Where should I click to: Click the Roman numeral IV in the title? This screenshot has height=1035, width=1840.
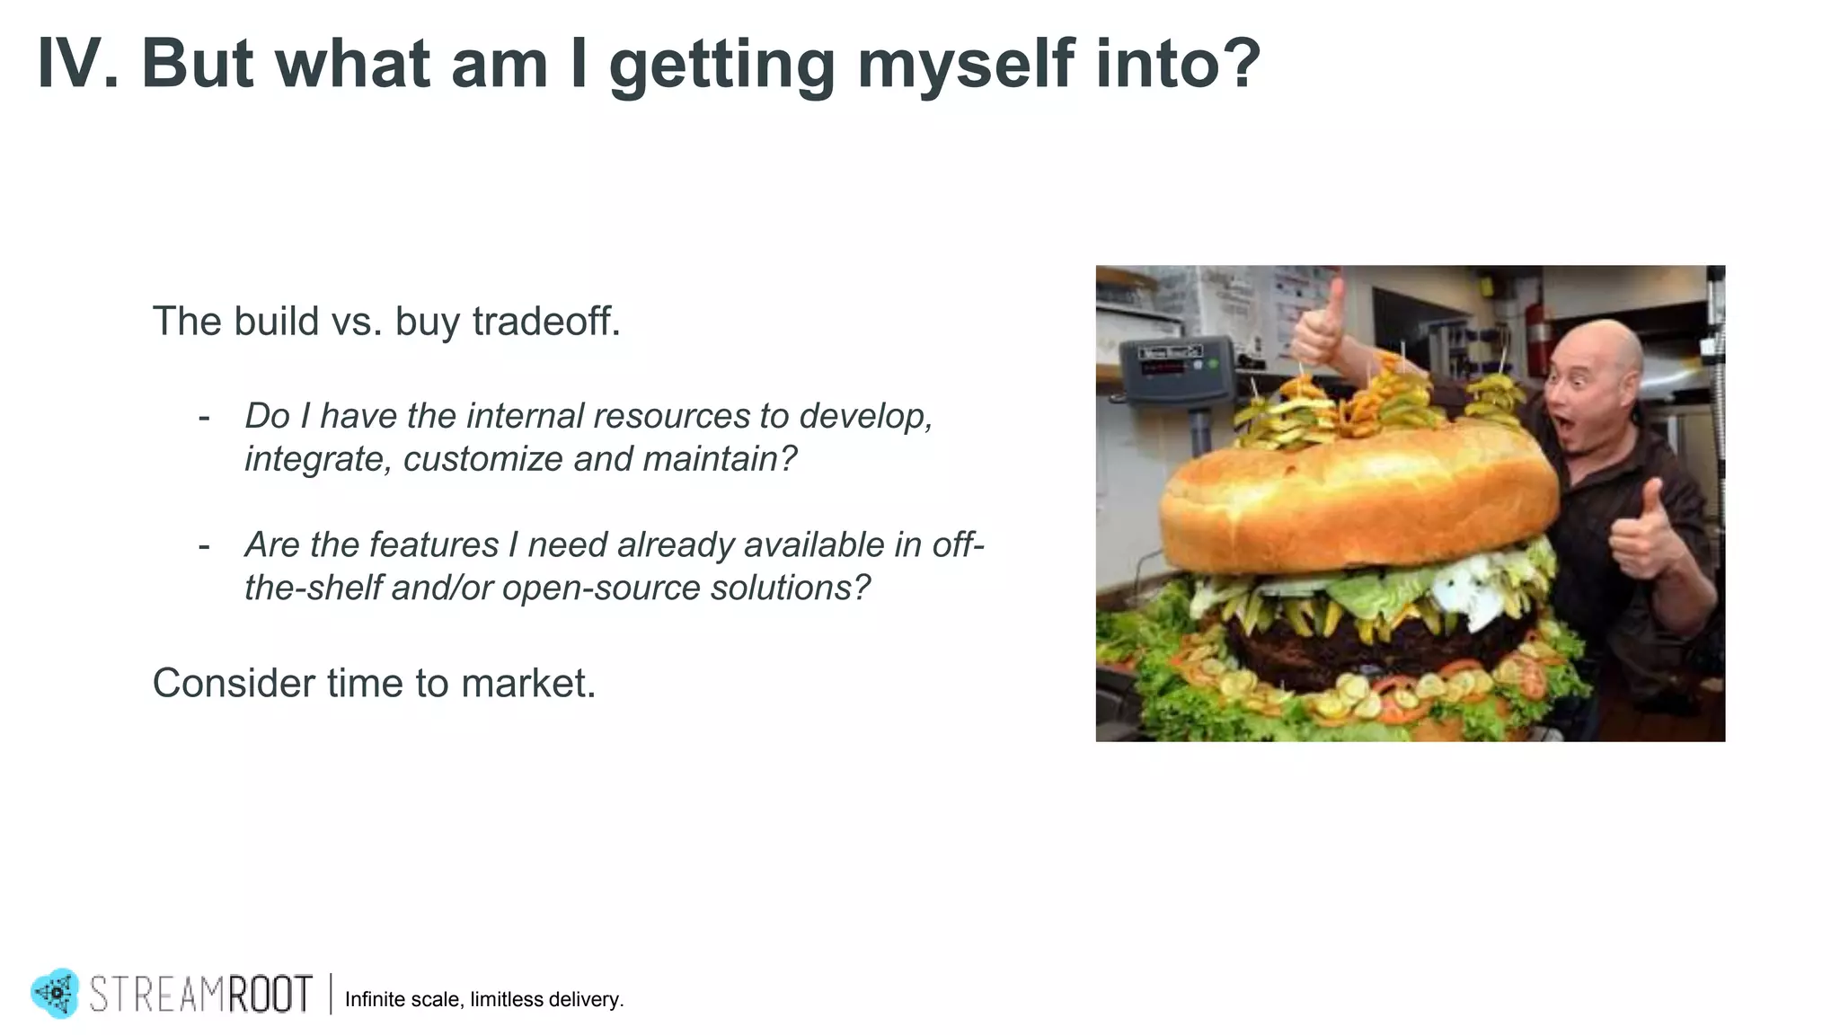(76, 65)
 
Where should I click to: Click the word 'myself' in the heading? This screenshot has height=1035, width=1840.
(965, 65)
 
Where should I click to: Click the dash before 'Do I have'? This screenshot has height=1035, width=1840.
(205, 417)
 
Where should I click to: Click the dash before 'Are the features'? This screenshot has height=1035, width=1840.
(205, 545)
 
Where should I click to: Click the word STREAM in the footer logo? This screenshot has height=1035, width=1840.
(156, 995)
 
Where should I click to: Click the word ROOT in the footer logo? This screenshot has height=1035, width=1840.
(269, 995)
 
